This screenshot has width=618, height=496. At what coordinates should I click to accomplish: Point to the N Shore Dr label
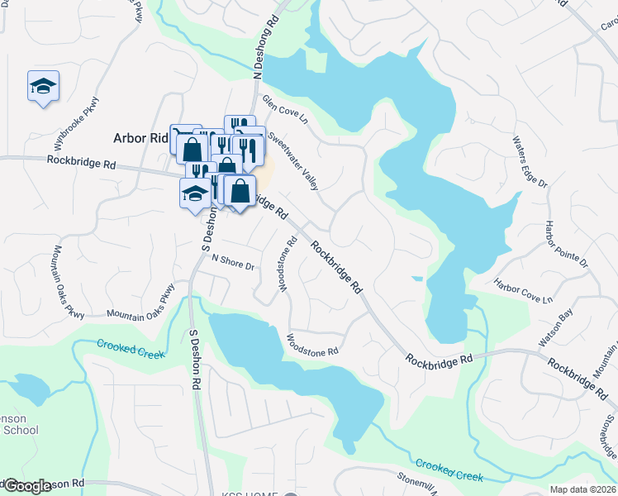(232, 261)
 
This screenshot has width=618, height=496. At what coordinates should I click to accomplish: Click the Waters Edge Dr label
(530, 162)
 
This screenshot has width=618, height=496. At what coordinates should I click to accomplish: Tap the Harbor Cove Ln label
(523, 290)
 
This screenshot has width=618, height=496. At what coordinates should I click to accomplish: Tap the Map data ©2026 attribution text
(582, 489)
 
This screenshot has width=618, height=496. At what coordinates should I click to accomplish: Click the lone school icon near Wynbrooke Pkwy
(43, 87)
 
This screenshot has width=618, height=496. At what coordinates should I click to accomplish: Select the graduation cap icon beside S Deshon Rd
(195, 194)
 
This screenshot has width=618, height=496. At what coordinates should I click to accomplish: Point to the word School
(20, 430)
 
